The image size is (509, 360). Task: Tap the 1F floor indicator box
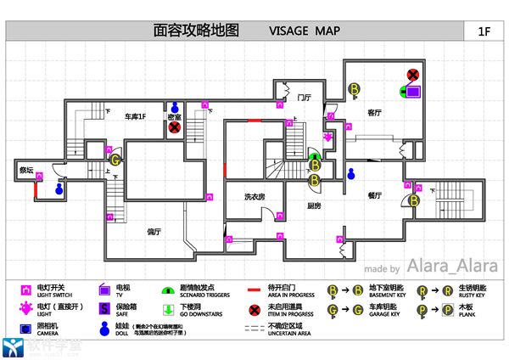pos(484,31)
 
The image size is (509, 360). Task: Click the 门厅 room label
pos(304,97)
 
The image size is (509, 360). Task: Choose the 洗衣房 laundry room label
pos(255,196)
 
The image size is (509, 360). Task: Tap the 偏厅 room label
pos(154,231)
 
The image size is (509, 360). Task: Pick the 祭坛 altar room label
pos(26,170)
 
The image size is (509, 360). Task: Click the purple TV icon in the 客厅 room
pos(413,90)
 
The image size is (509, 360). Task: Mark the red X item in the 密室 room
pos(174,128)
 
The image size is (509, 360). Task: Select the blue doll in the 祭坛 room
pos(59,189)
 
